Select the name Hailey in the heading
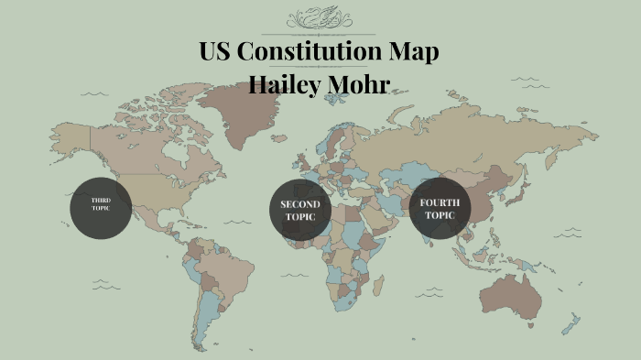[x=291, y=86]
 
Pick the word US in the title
[x=217, y=52]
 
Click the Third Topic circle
[x=101, y=208]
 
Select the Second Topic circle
[x=299, y=210]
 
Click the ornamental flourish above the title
[x=320, y=18]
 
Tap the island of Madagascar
[x=385, y=284]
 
